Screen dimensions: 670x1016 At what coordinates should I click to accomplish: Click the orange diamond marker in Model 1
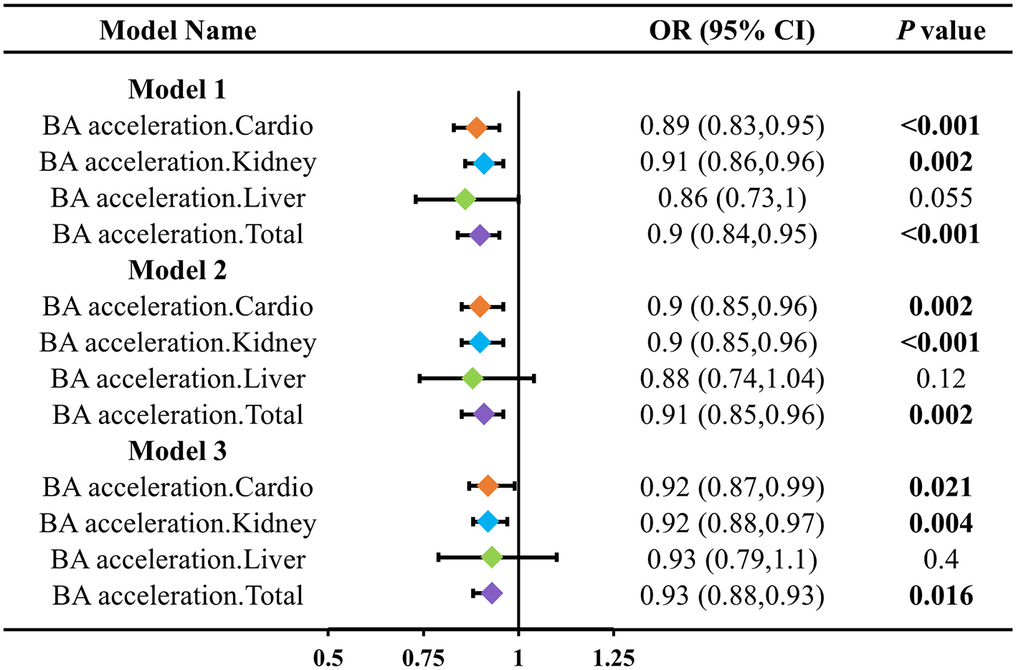click(x=476, y=128)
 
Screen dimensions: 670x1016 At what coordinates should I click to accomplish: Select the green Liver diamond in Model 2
click(x=473, y=378)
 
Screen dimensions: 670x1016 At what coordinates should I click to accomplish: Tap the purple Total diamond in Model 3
click(x=491, y=593)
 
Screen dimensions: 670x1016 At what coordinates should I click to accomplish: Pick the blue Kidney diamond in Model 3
click(x=488, y=522)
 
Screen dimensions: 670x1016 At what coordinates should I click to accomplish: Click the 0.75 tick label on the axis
click(x=424, y=657)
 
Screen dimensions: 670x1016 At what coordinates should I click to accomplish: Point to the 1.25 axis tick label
click(x=614, y=657)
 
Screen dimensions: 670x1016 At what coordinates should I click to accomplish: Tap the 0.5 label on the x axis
click(x=328, y=657)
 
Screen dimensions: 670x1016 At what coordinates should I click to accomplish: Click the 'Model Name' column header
click(x=177, y=30)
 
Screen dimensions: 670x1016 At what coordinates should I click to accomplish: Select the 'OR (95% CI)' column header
click(x=731, y=30)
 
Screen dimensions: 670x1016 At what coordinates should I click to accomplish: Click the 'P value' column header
click(x=941, y=30)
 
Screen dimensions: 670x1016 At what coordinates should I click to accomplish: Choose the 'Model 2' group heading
click(x=177, y=270)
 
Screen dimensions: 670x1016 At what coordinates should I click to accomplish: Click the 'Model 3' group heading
click(x=177, y=451)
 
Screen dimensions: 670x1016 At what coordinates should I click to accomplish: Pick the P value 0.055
click(x=941, y=198)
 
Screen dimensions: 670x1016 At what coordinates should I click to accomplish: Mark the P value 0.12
click(x=941, y=379)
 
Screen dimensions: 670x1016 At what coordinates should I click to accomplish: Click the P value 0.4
click(x=941, y=560)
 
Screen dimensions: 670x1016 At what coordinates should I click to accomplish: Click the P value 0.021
click(x=941, y=487)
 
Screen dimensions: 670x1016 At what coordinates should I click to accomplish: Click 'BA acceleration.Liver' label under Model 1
click(x=178, y=198)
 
